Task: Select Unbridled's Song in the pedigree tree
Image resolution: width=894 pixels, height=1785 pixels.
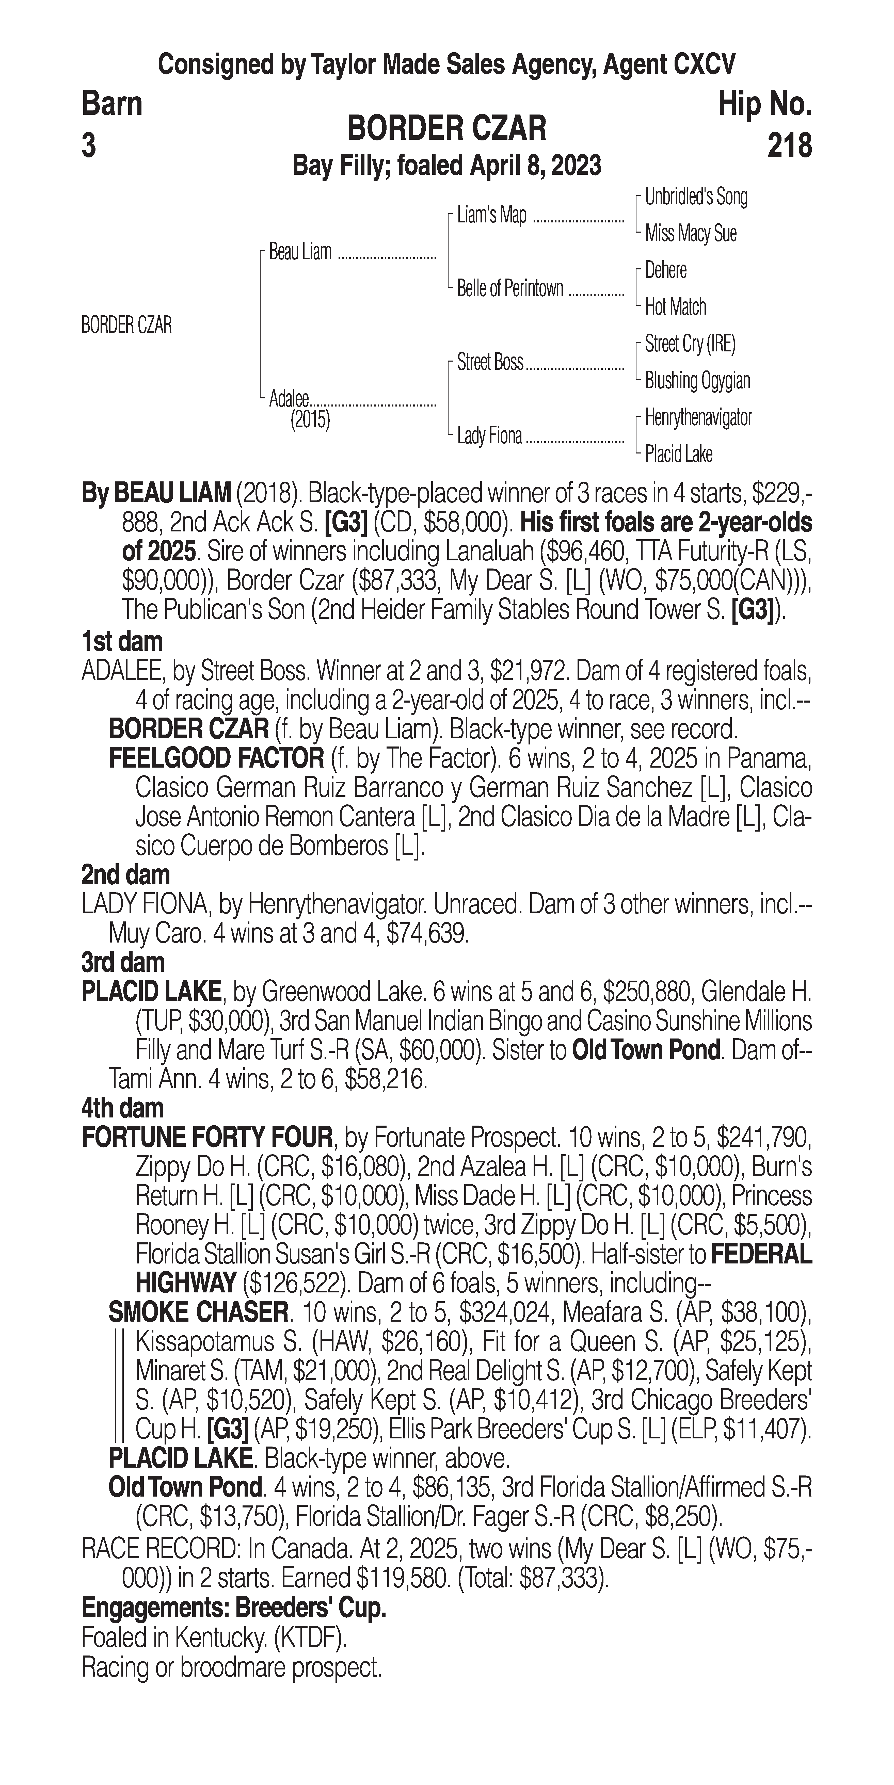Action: point(696,197)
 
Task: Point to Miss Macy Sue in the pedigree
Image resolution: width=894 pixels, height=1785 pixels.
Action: point(690,234)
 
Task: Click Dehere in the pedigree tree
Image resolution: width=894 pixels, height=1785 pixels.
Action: point(665,270)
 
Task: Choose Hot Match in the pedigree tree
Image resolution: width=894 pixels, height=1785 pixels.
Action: point(675,306)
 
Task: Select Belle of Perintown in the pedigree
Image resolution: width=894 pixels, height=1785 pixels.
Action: point(510,288)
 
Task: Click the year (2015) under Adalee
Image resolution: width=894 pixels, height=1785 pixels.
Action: point(310,420)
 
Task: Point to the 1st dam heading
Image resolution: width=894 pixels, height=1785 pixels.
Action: point(122,642)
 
